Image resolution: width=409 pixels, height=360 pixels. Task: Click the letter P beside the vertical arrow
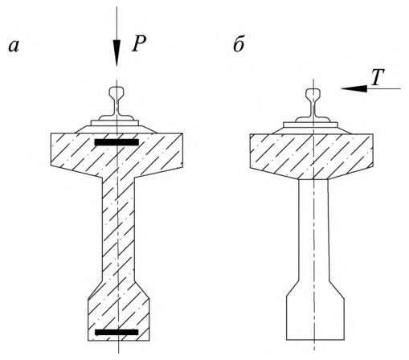click(139, 43)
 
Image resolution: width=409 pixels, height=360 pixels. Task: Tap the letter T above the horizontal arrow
click(378, 77)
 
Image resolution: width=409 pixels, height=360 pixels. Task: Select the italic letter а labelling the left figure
click(14, 46)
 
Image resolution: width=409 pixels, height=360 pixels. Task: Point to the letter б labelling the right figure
click(239, 44)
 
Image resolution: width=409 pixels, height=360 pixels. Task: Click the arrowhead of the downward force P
click(117, 53)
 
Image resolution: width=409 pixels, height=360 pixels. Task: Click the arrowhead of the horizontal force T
click(354, 88)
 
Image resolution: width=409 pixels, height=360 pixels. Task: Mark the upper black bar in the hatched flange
click(117, 142)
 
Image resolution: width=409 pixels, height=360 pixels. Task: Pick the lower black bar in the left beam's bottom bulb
click(117, 333)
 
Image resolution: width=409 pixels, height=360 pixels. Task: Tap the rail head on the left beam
click(117, 92)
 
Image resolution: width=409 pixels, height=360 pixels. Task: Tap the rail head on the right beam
click(313, 93)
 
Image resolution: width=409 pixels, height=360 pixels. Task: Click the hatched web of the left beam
click(118, 231)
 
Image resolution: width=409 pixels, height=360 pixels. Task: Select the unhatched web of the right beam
click(313, 231)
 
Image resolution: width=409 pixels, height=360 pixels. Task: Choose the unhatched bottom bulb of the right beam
click(315, 313)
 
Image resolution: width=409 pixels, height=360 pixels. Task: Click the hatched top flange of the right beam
click(312, 156)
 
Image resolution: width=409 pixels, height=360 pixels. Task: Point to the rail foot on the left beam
click(117, 117)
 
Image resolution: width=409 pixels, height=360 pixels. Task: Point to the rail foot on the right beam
click(313, 119)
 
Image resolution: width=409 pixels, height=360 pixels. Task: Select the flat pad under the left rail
click(115, 123)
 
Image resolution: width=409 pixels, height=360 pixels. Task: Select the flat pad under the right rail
click(310, 125)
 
